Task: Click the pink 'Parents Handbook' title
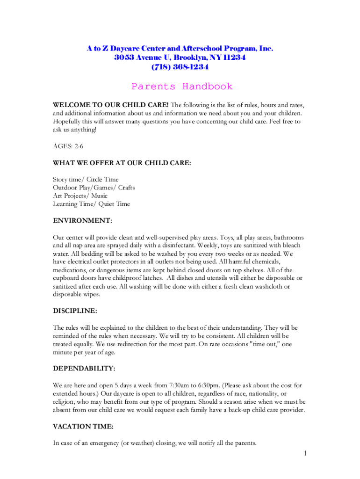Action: pyautogui.click(x=181, y=87)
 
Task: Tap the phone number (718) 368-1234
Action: pyautogui.click(x=180, y=67)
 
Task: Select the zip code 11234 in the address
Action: pyautogui.click(x=234, y=58)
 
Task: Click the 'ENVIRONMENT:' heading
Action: pyautogui.click(x=82, y=220)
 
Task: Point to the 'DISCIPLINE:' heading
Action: pyautogui.click(x=75, y=311)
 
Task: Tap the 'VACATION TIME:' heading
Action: pyautogui.click(x=83, y=427)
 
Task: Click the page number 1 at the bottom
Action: pyautogui.click(x=304, y=453)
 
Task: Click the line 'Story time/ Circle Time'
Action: pyautogui.click(x=86, y=179)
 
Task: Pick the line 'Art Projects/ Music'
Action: pyautogui.click(x=80, y=196)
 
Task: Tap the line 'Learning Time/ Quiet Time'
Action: pyautogui.click(x=92, y=204)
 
